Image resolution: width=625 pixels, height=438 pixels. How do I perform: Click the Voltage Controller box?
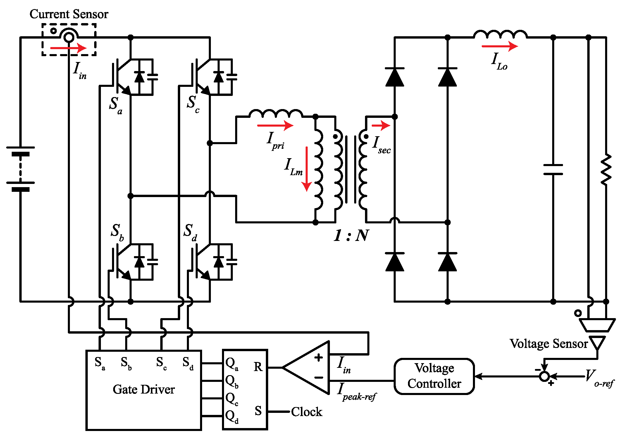tap(434, 376)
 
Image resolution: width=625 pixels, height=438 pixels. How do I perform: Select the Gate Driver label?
tap(144, 389)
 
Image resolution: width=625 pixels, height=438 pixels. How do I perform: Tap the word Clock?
tap(307, 412)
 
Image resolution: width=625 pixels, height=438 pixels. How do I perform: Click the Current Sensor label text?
tap(69, 14)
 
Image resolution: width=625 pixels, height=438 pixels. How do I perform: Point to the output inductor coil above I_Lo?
tap(500, 35)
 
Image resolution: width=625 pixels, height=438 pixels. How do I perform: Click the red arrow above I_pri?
tap(275, 125)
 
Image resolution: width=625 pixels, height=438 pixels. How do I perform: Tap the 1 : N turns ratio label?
tap(351, 235)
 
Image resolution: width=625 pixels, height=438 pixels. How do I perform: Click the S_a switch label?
tap(115, 105)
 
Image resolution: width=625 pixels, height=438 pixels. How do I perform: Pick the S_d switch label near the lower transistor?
tap(190, 232)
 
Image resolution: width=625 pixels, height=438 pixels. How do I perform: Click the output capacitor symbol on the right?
tap(553, 170)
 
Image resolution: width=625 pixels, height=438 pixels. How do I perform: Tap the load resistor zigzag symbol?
tap(606, 170)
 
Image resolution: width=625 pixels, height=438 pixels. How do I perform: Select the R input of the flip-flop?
tap(258, 367)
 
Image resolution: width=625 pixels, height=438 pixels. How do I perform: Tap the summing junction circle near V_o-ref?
tap(544, 376)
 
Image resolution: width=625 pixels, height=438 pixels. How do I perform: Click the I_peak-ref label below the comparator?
tap(356, 392)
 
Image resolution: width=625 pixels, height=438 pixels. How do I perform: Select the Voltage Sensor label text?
tap(548, 344)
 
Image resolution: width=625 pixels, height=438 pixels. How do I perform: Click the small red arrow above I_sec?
tap(380, 125)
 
